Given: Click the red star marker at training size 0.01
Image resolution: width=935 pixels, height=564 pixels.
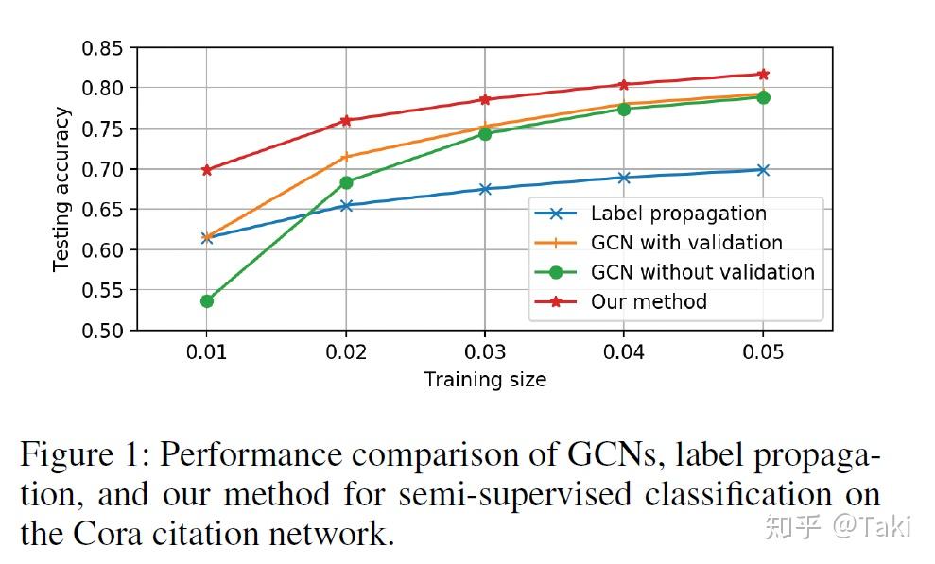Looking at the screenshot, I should click(x=206, y=170).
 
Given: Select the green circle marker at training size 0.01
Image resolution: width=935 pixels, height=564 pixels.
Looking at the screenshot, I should click(x=206, y=301).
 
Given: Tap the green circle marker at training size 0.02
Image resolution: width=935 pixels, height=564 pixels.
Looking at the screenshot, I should click(x=346, y=182).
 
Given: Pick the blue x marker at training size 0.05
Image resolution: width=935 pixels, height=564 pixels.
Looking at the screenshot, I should click(x=763, y=170).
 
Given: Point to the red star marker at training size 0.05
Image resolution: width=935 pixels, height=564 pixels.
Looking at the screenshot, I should click(x=763, y=74).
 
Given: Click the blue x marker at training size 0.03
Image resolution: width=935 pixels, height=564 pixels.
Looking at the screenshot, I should click(x=485, y=189).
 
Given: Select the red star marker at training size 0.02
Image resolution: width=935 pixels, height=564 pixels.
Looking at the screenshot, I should click(x=346, y=121).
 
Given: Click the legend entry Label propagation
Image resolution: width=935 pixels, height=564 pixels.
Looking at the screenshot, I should click(x=678, y=214).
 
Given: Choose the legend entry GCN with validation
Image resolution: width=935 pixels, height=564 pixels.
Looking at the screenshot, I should click(x=686, y=244).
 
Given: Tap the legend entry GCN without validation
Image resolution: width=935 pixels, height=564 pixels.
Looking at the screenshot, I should click(x=701, y=273).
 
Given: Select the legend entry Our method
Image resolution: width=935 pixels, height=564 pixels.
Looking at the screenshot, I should click(x=649, y=302).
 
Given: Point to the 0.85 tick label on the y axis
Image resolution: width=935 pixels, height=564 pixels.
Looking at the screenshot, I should click(x=103, y=48).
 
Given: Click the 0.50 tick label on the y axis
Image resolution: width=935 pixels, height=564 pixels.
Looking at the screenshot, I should click(x=103, y=331).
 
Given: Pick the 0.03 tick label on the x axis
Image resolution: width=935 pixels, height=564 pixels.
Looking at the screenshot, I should click(x=485, y=352).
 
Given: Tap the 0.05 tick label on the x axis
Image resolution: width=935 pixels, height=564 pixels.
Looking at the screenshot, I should click(x=763, y=352).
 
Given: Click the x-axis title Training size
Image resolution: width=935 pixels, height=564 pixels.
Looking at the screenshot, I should click(x=485, y=380).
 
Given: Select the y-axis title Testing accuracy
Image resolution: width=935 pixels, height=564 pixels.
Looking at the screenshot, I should click(x=61, y=189).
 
